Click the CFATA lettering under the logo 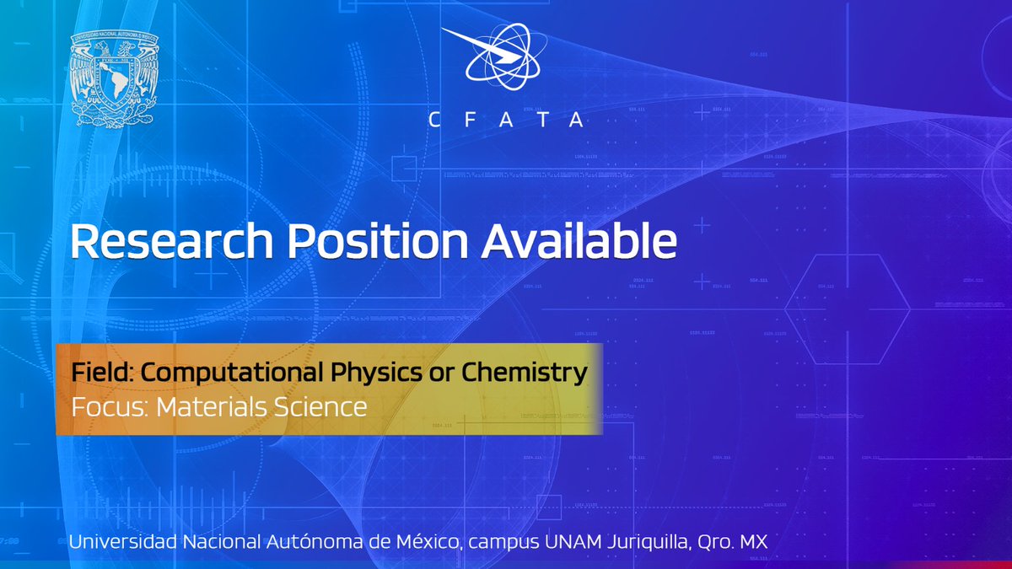506,121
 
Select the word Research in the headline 173,243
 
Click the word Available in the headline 579,243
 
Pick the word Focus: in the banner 100,407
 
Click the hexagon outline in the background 847,309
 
